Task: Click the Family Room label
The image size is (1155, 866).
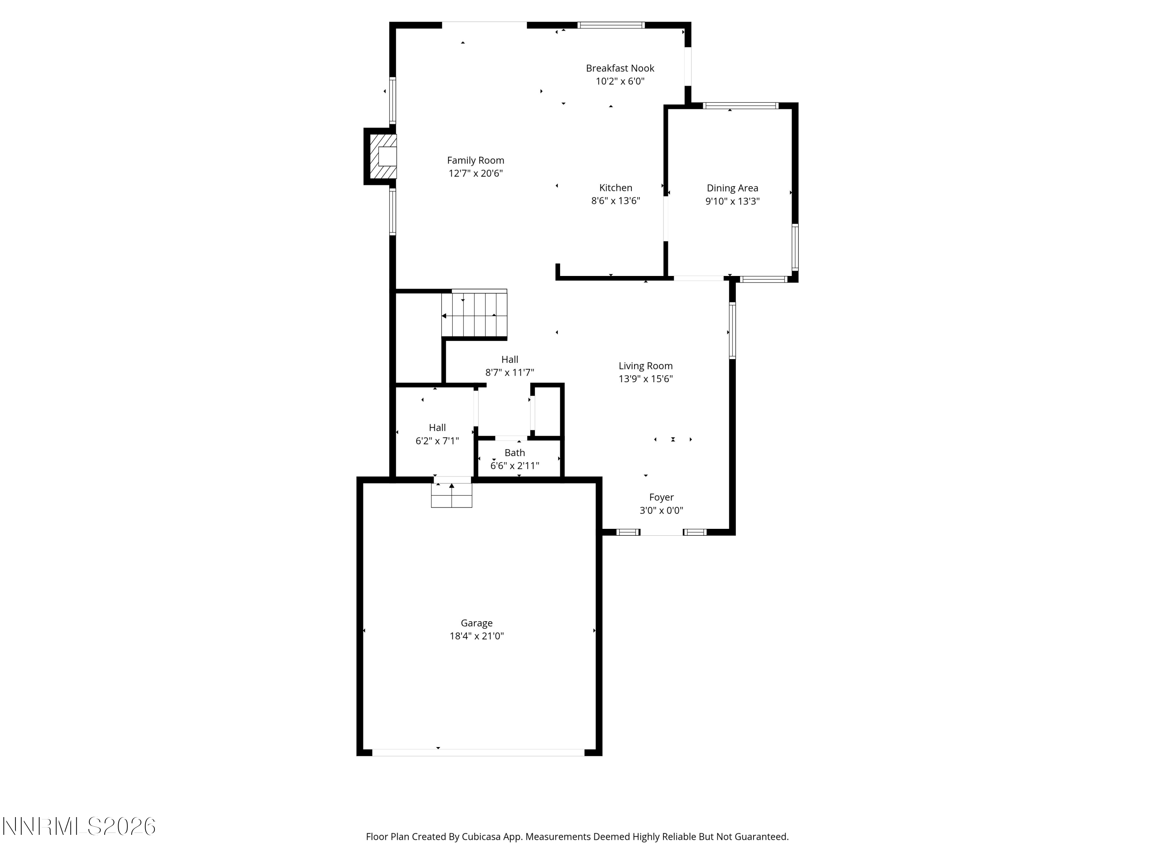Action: [x=475, y=160]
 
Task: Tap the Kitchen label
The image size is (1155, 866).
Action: [x=615, y=188]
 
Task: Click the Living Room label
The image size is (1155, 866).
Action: [x=645, y=366]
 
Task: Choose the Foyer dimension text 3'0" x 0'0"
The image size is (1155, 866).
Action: [x=661, y=510]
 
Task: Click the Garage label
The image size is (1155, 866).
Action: [x=476, y=623]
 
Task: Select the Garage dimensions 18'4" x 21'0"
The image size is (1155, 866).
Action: [x=476, y=636]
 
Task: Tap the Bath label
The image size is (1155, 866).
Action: [x=514, y=453]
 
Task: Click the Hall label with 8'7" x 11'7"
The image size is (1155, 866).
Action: [x=510, y=359]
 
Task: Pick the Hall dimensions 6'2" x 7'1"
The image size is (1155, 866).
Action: [x=437, y=441]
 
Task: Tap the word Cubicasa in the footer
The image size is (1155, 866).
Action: [x=481, y=837]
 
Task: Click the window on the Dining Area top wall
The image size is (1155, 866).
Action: [x=740, y=105]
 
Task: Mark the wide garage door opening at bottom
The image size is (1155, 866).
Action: [x=478, y=752]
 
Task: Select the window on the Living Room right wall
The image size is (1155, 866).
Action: [x=732, y=330]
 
